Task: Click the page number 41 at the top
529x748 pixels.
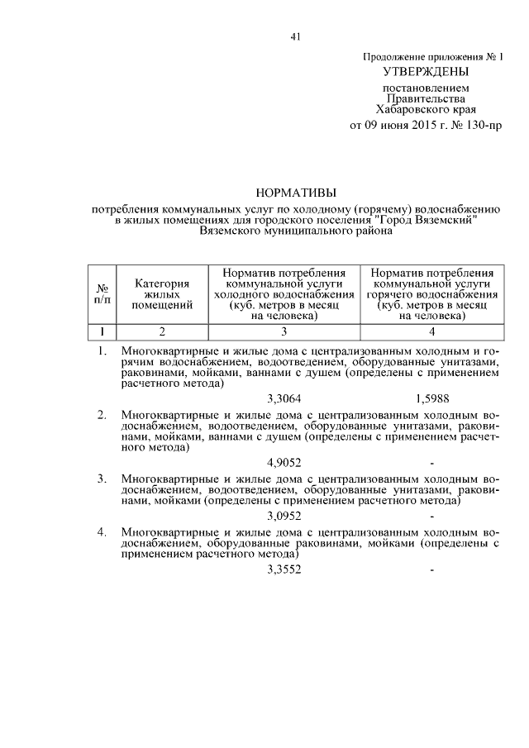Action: coord(295,36)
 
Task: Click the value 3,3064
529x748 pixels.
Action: coord(284,398)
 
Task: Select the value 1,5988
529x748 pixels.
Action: coord(434,398)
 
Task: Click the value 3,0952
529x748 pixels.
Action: coord(284,516)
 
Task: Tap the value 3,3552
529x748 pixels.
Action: coord(284,569)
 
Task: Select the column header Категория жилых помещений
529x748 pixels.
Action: coord(162,293)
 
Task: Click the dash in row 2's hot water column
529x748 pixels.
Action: coord(432,463)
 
